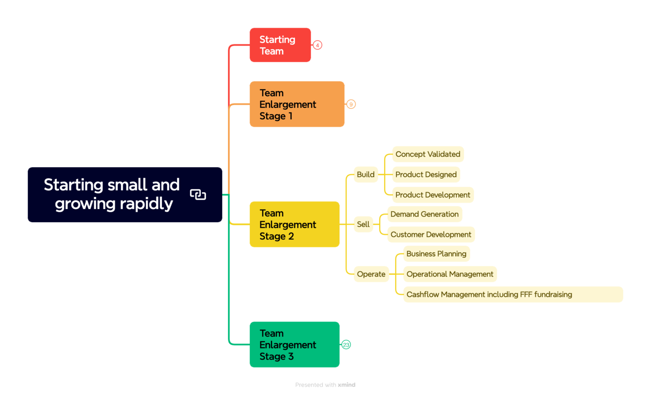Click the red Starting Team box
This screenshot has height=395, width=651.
coord(280,45)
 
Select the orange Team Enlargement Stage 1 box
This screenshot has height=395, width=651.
coord(297,104)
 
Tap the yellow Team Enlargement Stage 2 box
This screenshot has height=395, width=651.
coord(294,224)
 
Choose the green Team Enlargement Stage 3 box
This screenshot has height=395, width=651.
coord(294,345)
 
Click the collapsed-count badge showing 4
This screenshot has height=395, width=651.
coord(317,45)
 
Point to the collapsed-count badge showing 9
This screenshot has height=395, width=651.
coord(351,105)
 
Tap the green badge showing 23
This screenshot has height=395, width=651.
coord(346,345)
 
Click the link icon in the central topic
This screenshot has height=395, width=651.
coord(198,195)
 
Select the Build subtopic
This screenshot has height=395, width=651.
coord(365,174)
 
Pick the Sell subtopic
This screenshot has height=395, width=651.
coord(363,224)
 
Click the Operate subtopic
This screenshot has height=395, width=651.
coord(371,274)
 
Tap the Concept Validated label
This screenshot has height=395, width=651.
coord(428,154)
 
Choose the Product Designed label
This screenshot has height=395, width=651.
coord(426,174)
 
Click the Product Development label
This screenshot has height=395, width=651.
coord(433,195)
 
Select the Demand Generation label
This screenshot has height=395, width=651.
coord(424,214)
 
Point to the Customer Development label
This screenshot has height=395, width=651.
coord(431,235)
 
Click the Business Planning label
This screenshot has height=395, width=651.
coord(436,254)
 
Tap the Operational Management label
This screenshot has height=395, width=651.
coord(450,274)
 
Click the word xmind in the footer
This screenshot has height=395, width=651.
coord(347,385)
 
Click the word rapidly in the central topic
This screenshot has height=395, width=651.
coord(146,204)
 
